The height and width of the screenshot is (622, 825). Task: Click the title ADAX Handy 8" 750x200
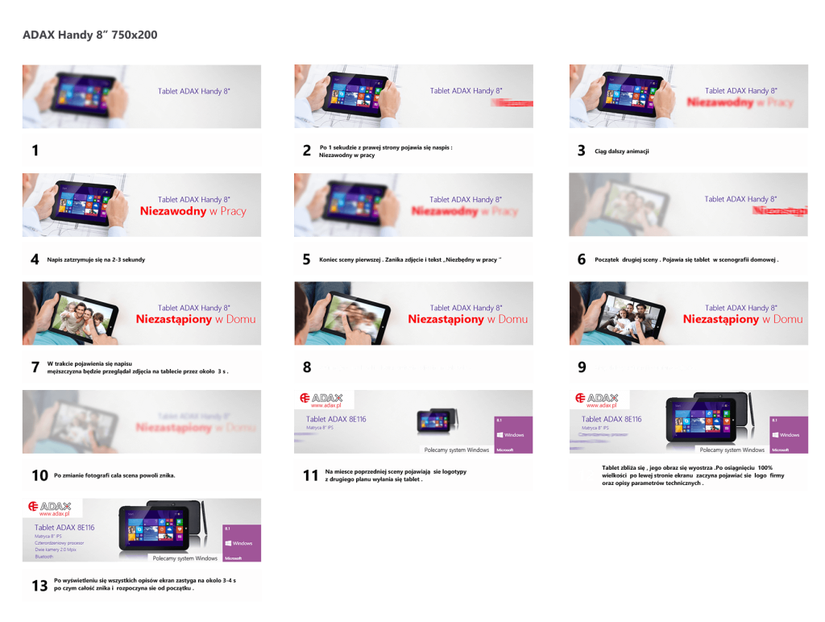tap(89, 35)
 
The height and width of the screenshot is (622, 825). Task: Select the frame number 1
tap(35, 151)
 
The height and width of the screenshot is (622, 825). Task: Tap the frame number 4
tap(35, 259)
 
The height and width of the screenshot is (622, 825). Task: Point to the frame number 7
tap(35, 367)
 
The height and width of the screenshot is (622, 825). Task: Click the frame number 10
tap(39, 475)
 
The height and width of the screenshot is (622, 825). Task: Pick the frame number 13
tap(39, 586)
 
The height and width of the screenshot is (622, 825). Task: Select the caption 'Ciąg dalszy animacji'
tap(621, 151)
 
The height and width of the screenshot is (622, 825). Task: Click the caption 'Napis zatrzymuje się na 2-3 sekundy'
tap(96, 259)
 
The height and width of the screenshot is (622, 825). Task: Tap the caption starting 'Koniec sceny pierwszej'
tap(411, 259)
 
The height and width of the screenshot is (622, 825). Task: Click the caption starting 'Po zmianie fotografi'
tap(114, 475)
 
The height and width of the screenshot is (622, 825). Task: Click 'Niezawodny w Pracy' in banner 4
tap(193, 212)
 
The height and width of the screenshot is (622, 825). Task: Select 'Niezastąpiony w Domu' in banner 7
tap(195, 319)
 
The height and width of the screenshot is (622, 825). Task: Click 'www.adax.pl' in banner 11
tap(326, 406)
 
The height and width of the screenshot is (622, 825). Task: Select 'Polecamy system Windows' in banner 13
tap(184, 558)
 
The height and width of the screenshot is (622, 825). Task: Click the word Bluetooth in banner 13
tap(44, 556)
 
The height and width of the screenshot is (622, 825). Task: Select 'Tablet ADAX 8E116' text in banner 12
tap(611, 419)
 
